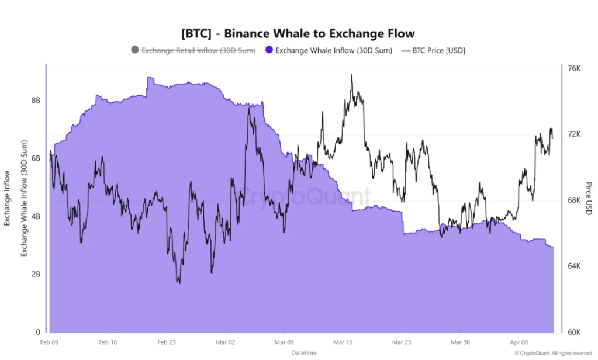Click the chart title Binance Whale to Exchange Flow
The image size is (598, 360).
click(x=298, y=33)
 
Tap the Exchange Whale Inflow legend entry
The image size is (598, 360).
click(x=334, y=50)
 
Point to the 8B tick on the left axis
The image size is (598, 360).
click(x=36, y=100)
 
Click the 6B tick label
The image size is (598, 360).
click(x=36, y=158)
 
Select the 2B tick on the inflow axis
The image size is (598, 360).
click(x=36, y=274)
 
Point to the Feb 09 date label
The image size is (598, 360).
click(x=49, y=342)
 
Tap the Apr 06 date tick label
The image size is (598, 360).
click(x=520, y=342)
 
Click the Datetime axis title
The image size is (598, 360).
click(x=304, y=353)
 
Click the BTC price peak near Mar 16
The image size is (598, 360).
click(x=351, y=75)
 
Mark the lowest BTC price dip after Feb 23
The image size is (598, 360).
click(x=179, y=283)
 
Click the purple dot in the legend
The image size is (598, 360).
click(x=269, y=50)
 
